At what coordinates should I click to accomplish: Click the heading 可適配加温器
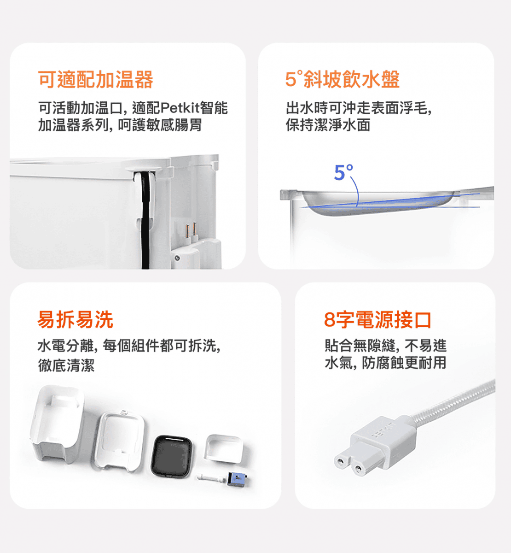[95, 80]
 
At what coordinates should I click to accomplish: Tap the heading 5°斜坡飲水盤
[343, 79]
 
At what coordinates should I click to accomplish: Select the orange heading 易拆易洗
[75, 319]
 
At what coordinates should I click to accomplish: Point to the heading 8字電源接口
[377, 319]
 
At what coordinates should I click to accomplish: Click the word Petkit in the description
[180, 108]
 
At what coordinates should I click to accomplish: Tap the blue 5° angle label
[343, 172]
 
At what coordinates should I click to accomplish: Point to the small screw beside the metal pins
[177, 258]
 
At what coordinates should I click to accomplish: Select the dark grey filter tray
[172, 457]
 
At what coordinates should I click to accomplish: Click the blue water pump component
[237, 479]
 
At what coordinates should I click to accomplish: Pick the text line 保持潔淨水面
[328, 125]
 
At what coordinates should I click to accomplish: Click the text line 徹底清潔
[66, 365]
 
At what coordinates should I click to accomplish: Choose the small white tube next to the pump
[211, 477]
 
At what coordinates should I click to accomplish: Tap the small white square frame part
[224, 449]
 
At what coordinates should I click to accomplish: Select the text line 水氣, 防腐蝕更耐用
[385, 363]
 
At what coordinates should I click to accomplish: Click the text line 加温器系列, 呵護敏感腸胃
[120, 125]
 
